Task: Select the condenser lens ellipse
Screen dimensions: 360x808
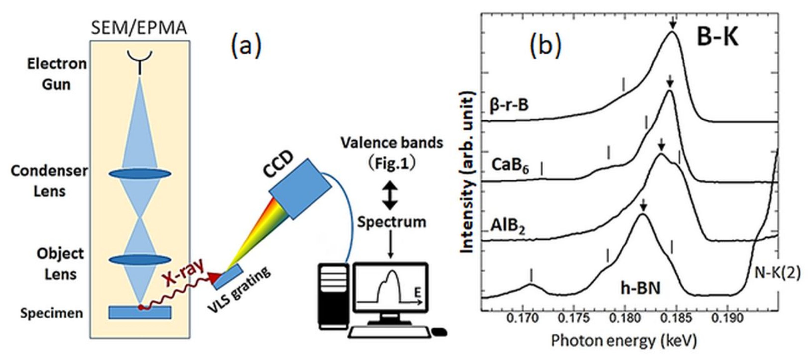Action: (x=140, y=174)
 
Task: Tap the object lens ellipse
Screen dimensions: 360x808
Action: (x=140, y=260)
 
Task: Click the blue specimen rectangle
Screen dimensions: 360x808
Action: (x=140, y=312)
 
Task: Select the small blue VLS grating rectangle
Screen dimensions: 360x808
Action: (x=228, y=276)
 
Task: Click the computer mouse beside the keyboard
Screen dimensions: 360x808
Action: (x=439, y=332)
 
